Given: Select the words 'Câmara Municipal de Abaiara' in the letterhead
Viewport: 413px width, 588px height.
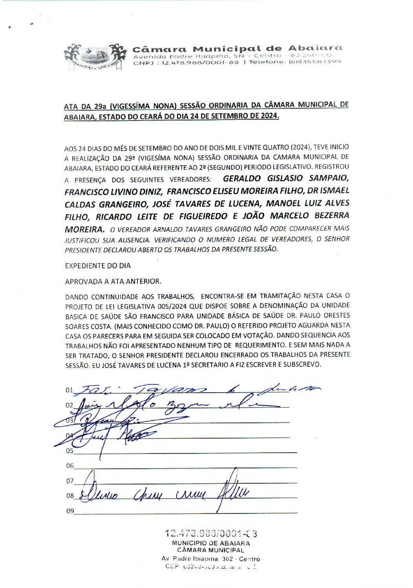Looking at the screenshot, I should pos(238,49).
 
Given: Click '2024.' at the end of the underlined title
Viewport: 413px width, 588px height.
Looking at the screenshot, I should pos(268,117).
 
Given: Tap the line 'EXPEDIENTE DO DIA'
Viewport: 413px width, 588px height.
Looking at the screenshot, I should pos(98,266).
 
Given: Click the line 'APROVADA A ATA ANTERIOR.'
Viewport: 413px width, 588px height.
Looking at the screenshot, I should pos(113,282).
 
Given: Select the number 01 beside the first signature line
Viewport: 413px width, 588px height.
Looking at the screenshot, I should pos(69,390).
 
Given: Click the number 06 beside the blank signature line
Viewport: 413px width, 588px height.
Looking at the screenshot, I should pos(69,466).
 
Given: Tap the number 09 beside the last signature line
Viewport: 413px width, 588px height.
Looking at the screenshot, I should pos(69,511).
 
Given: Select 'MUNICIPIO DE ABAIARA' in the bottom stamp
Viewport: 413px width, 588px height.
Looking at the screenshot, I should pos(211,544).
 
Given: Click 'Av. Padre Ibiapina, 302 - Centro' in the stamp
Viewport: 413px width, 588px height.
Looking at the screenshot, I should pos(210,559).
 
